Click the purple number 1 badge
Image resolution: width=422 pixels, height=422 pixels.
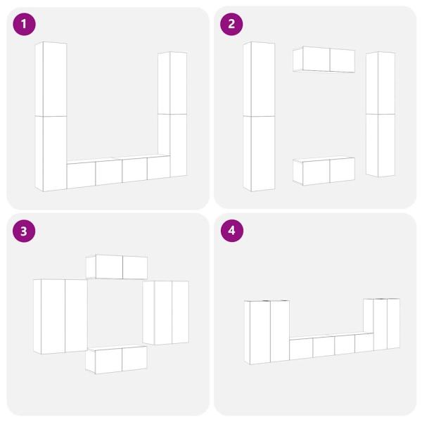(x=25, y=25)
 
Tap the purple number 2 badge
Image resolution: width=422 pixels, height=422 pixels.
(x=231, y=25)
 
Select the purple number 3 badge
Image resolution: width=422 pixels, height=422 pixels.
(x=25, y=231)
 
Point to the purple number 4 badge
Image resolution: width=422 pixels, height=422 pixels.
(x=231, y=231)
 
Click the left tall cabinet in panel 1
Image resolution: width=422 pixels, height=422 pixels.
(x=51, y=117)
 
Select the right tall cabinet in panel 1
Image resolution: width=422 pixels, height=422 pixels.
(x=172, y=115)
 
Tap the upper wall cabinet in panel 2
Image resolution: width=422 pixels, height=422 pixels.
(x=324, y=60)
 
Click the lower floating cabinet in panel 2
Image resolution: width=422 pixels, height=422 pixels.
(x=324, y=171)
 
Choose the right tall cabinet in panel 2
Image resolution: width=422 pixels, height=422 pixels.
(x=381, y=114)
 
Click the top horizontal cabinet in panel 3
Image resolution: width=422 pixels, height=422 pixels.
(x=117, y=267)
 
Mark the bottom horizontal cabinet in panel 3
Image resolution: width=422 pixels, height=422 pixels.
(x=117, y=359)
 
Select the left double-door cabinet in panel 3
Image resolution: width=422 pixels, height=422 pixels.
(x=60, y=316)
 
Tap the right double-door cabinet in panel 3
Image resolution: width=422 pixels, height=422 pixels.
(x=166, y=312)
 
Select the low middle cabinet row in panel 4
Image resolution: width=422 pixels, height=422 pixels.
(x=331, y=345)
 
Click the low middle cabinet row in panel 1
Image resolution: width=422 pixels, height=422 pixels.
(x=117, y=172)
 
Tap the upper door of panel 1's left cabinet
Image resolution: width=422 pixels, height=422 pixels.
(x=51, y=79)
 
